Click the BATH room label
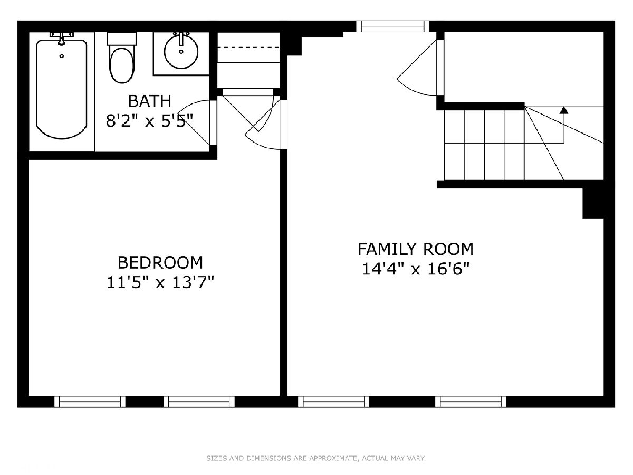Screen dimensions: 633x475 [149, 101]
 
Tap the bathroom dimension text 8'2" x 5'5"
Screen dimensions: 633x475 [149, 121]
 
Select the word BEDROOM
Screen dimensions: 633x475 [160, 262]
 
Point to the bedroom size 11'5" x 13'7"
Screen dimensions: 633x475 [160, 282]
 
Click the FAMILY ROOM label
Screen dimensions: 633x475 [416, 249]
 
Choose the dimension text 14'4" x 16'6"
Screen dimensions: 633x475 [416, 269]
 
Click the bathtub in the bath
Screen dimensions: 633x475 [62, 89]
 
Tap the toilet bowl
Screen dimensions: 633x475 [122, 65]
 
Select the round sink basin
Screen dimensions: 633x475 [181, 52]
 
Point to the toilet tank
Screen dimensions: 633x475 [122, 39]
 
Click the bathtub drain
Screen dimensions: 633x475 [61, 56]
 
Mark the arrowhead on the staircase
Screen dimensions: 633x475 [564, 110]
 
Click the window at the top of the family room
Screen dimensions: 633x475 [392, 26]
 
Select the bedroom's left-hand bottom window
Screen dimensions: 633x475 [90, 402]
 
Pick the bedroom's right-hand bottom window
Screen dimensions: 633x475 [199, 402]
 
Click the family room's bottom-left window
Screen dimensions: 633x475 [334, 402]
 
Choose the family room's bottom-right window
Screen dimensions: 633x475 [471, 402]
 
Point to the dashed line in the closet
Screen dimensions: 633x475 [248, 47]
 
